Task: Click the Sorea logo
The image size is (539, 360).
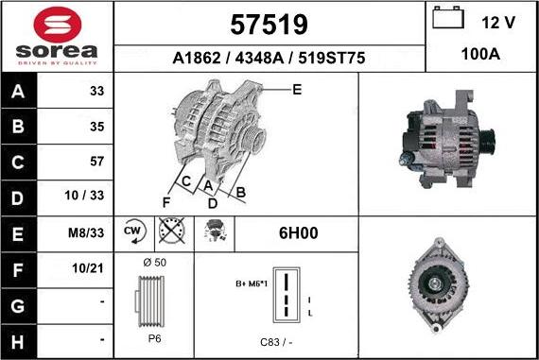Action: [x=57, y=36]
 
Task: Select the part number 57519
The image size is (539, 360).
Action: [x=269, y=24]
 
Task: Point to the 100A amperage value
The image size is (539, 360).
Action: [x=480, y=56]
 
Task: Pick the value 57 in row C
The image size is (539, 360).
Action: [x=96, y=162]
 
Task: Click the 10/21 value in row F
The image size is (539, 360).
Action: [x=91, y=267]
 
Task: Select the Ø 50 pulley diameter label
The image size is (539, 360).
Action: [x=153, y=261]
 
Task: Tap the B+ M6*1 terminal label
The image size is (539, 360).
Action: [x=252, y=283]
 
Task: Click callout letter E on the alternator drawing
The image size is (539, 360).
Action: [x=296, y=90]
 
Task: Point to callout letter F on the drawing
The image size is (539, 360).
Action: [x=166, y=202]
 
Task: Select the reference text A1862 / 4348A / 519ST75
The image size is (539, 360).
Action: [x=269, y=57]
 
